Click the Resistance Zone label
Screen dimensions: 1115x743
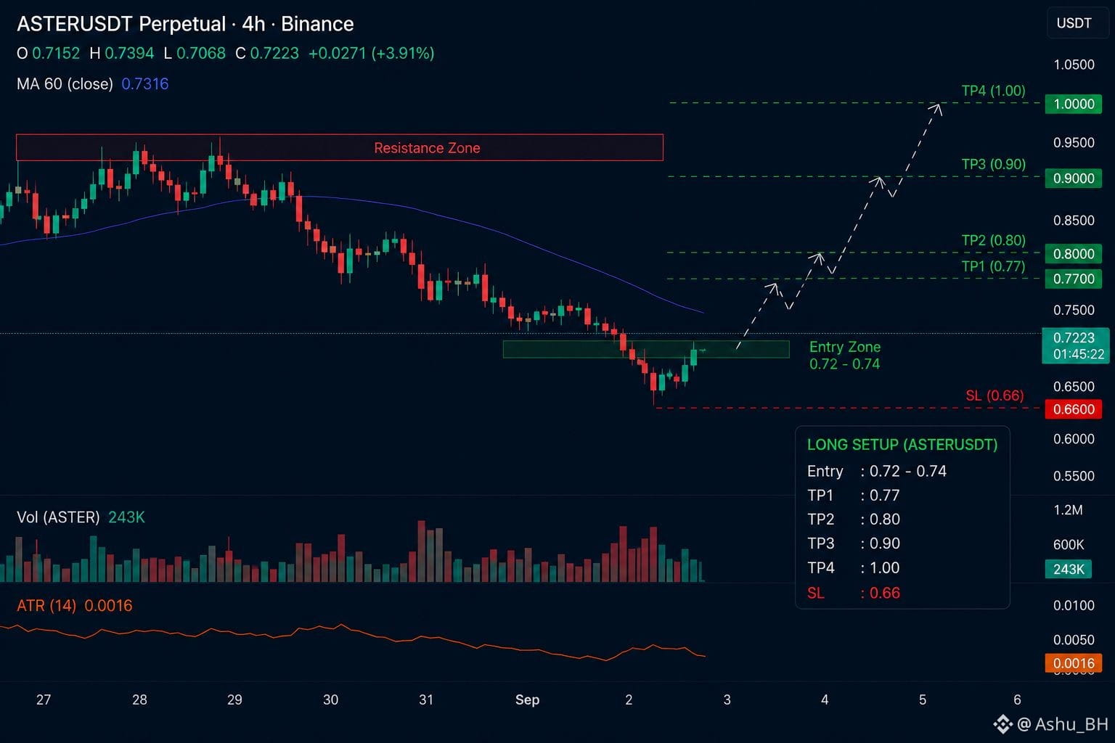427,148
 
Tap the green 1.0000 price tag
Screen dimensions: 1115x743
1073,104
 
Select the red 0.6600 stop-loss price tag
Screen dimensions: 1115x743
1073,409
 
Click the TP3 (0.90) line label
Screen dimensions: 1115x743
994,164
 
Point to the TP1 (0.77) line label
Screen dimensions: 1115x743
994,266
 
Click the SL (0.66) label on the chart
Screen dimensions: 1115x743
994,395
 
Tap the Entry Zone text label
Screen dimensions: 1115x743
845,347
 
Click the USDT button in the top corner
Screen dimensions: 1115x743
1074,23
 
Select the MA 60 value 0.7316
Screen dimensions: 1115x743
145,83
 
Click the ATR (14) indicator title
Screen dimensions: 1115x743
46,606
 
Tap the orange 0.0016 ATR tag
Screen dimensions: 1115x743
1073,663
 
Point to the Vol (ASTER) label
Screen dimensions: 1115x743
58,517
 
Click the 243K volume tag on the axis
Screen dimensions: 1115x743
1069,569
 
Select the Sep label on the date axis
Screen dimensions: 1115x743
527,699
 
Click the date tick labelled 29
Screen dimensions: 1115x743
234,699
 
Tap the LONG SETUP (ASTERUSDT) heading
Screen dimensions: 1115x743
902,444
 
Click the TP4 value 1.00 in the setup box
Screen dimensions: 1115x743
885,568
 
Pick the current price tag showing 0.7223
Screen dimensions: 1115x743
1075,345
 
